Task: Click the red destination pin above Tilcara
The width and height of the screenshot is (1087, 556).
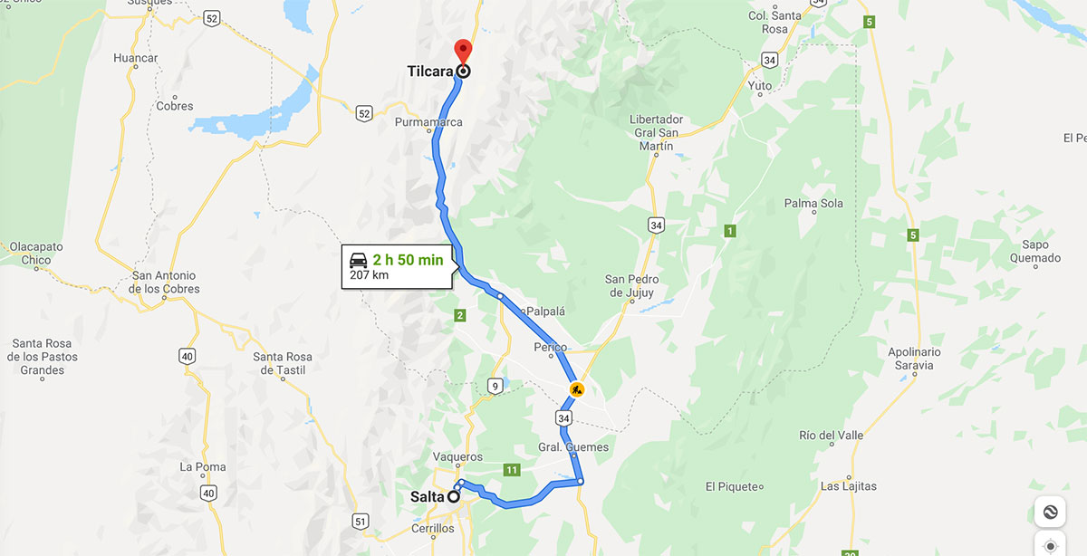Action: pos(463,51)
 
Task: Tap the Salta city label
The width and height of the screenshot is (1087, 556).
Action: pos(428,496)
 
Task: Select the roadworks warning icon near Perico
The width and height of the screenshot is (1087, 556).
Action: pos(576,390)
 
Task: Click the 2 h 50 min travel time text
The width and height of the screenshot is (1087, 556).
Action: pos(408,260)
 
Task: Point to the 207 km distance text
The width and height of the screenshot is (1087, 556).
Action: pos(369,274)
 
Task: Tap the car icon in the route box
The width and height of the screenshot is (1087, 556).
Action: pos(359,260)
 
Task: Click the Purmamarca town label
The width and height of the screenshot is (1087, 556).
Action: pos(428,122)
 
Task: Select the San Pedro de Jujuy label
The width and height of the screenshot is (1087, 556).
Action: pos(632,285)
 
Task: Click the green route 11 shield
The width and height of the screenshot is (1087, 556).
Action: pos(512,469)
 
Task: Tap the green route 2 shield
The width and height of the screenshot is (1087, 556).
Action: pos(460,315)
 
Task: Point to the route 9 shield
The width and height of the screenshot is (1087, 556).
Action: pos(495,387)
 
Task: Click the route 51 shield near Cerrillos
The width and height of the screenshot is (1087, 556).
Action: pos(361,521)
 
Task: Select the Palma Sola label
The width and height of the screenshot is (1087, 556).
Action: pos(813,204)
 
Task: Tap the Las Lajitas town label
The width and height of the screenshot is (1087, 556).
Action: pos(848,486)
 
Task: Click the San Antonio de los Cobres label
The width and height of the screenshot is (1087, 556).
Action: pos(165,283)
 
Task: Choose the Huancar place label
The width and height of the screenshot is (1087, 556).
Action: pos(136,58)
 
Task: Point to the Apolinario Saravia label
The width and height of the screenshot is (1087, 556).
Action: pos(914,359)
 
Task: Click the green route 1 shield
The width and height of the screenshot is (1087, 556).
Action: pos(730,232)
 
